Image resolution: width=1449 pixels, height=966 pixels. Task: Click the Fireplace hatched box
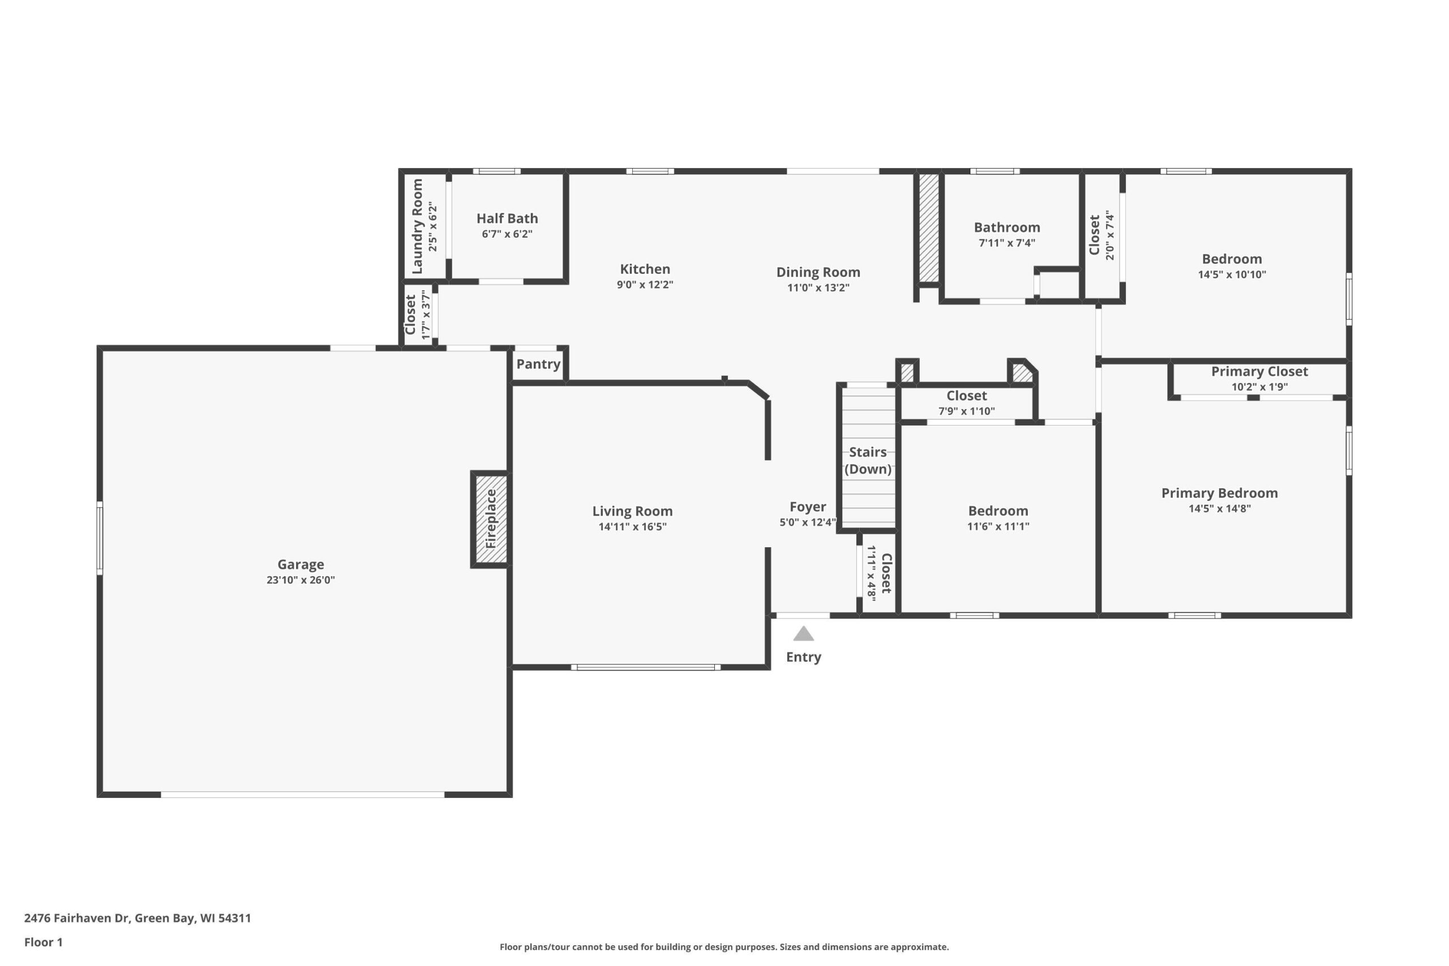(491, 519)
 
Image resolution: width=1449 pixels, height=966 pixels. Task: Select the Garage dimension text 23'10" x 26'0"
(301, 579)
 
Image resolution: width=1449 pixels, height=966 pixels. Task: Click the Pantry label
(538, 364)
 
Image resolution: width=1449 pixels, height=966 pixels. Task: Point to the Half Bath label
(507, 218)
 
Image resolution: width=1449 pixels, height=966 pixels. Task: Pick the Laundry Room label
(417, 226)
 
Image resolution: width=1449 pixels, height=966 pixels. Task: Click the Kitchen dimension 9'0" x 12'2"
(645, 285)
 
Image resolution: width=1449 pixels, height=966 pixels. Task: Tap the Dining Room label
(818, 272)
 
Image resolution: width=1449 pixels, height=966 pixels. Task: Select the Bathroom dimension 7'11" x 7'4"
(1007, 243)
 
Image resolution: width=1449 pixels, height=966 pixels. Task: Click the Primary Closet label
(1259, 371)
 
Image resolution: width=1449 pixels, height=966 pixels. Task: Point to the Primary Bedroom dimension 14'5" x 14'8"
(1219, 508)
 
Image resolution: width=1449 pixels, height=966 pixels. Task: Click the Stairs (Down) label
(868, 460)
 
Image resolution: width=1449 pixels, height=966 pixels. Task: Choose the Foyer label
(808, 506)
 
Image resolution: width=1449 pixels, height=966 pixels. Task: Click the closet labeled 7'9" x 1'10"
(967, 403)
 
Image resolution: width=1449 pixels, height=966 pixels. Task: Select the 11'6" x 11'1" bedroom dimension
(998, 526)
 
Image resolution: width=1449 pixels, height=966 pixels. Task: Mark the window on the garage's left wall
(100, 538)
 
